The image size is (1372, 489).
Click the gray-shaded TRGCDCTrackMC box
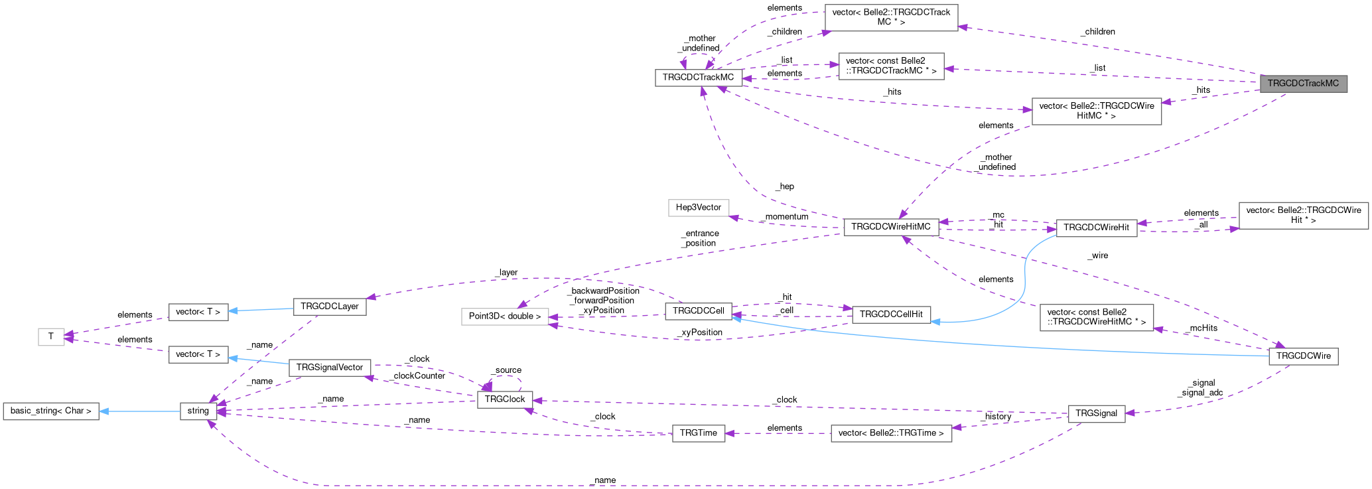point(1303,84)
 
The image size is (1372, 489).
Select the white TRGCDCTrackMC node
point(698,77)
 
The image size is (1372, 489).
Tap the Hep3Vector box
point(698,208)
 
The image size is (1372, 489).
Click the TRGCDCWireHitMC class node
point(890,227)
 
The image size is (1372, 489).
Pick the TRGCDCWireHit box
point(1096,228)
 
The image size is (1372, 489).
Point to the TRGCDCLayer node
point(329,307)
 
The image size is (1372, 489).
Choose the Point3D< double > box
point(505,316)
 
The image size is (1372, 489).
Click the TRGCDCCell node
point(698,311)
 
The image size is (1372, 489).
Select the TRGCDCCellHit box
point(891,314)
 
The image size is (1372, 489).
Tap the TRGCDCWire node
point(1303,356)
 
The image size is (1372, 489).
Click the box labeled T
point(50,337)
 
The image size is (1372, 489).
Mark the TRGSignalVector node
point(329,368)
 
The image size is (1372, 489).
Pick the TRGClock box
point(504,399)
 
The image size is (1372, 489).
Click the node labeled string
point(198,411)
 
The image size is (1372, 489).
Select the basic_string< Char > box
point(50,411)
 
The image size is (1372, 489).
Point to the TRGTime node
point(698,433)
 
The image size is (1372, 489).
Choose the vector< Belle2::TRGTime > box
point(890,433)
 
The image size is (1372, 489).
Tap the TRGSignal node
point(1096,413)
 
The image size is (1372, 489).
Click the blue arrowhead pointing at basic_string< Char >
point(104,411)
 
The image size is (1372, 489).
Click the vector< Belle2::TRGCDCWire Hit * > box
point(1303,215)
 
